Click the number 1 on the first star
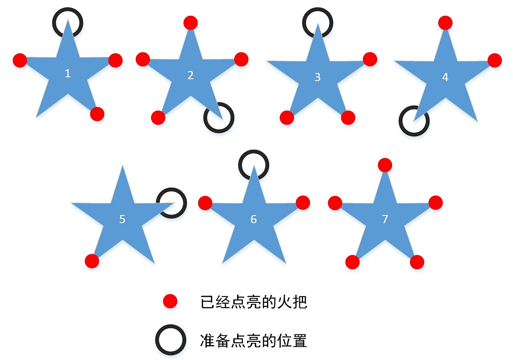(68, 73)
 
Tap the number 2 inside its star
(191, 75)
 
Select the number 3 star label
(317, 77)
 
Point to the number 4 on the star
(445, 77)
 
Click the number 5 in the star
(122, 219)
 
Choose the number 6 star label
(254, 219)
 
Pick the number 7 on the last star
(385, 219)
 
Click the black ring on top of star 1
(68, 22)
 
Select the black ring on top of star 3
(318, 22)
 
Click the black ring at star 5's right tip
(171, 203)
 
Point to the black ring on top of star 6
(254, 165)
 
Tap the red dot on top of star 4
(445, 22)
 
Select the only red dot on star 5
(92, 261)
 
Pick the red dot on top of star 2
(191, 22)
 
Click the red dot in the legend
(170, 301)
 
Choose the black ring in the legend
(170, 340)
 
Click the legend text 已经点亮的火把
(253, 302)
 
